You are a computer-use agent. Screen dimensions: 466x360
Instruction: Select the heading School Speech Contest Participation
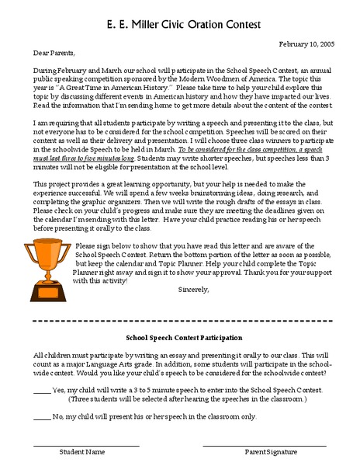click(x=184, y=338)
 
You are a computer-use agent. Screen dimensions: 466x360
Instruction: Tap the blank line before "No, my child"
click(x=42, y=417)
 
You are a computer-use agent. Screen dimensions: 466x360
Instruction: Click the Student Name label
click(x=85, y=452)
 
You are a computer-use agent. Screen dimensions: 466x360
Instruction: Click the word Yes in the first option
click(x=59, y=389)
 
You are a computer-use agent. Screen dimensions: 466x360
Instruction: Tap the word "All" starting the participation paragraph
click(x=39, y=353)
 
